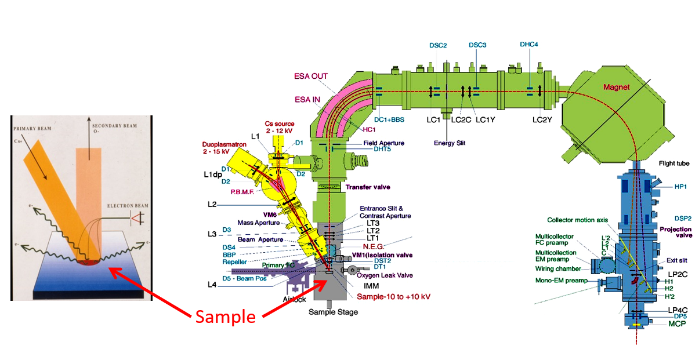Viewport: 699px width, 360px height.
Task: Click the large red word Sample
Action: click(x=225, y=317)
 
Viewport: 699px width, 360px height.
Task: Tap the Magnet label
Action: click(x=616, y=87)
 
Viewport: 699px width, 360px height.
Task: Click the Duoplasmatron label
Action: click(x=223, y=144)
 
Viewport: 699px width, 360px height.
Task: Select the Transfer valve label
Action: click(x=367, y=187)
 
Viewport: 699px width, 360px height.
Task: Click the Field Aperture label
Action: click(x=383, y=143)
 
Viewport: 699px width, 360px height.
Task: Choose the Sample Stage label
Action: click(x=333, y=312)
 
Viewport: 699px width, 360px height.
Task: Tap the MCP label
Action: click(x=676, y=323)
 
